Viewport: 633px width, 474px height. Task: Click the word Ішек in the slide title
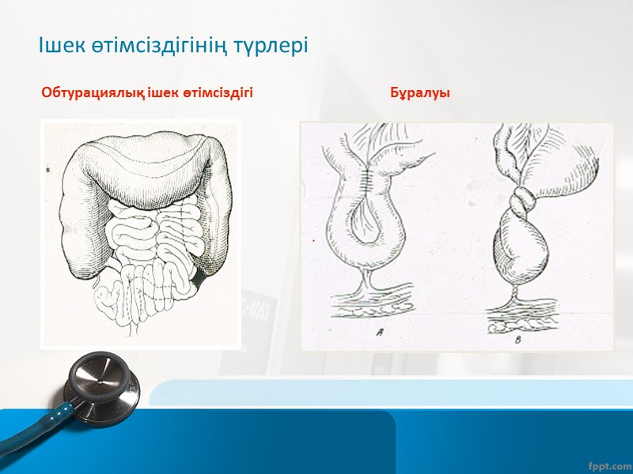click(60, 46)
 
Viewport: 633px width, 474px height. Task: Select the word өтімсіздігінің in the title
click(157, 46)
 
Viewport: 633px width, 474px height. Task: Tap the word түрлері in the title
click(269, 46)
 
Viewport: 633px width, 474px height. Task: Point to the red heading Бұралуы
click(420, 93)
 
